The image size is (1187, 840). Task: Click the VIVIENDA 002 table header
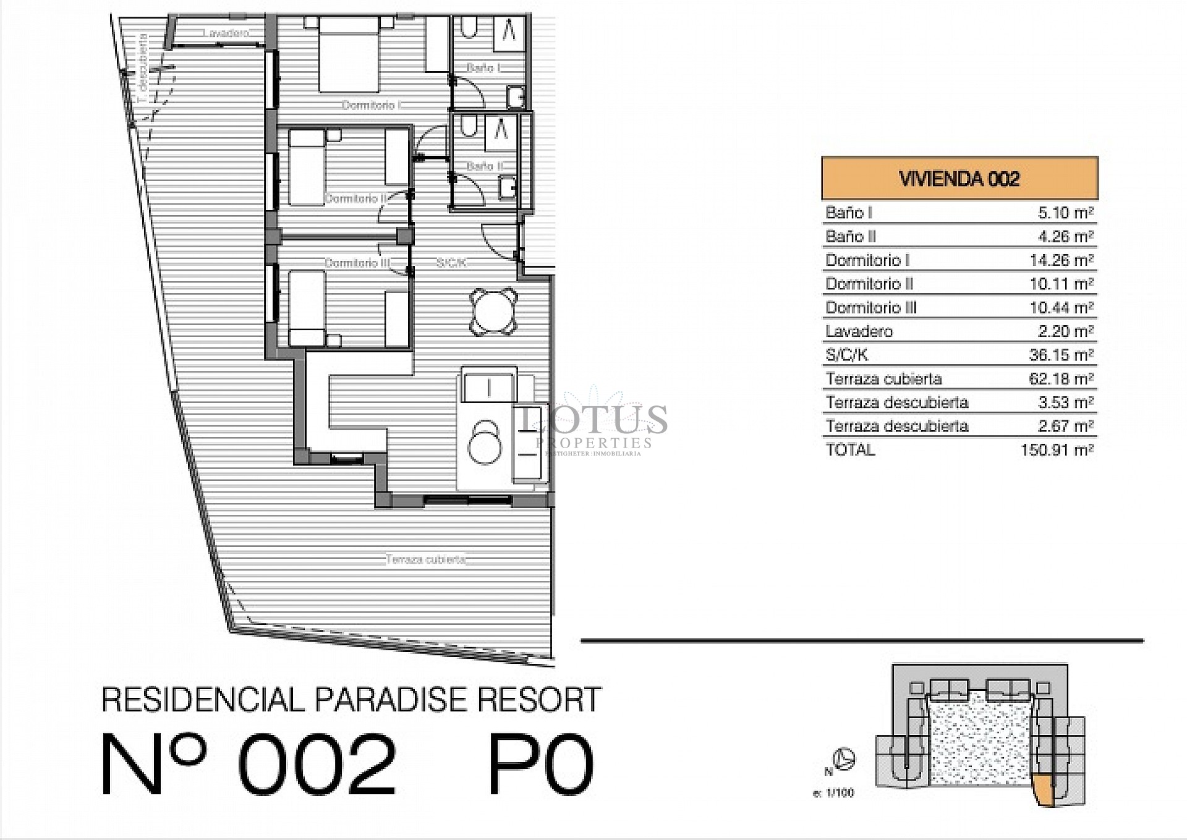959,179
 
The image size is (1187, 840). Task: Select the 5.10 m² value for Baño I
1065,213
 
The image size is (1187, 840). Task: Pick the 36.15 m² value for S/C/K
1061,355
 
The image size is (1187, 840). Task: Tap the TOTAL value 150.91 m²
1057,449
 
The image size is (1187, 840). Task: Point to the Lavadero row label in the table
859,331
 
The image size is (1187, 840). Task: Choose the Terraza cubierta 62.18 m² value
1061,378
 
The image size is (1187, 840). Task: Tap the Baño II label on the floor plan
485,166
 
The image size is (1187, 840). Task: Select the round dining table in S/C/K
493,312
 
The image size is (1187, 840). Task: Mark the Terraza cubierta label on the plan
425,559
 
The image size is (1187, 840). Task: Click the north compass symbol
844,758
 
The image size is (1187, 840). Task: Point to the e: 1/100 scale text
833,793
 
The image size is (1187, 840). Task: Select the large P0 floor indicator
541,765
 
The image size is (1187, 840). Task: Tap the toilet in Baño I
468,27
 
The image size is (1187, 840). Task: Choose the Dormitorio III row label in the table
871,307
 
